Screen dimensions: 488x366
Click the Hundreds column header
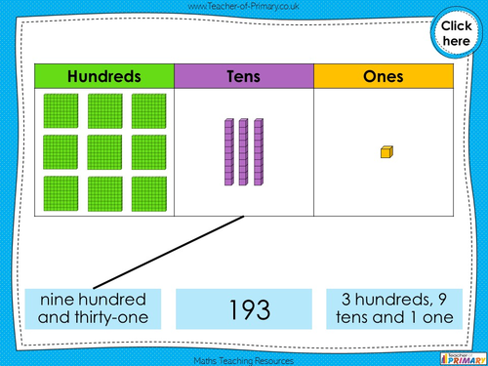point(104,76)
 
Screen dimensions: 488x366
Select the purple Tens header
point(244,76)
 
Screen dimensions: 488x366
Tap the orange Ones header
point(384,76)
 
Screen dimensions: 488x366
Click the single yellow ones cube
point(386,151)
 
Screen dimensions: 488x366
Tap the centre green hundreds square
point(103,151)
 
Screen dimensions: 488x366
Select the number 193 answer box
point(244,308)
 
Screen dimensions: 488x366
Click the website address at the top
point(243,7)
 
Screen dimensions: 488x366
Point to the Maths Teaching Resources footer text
point(243,359)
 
